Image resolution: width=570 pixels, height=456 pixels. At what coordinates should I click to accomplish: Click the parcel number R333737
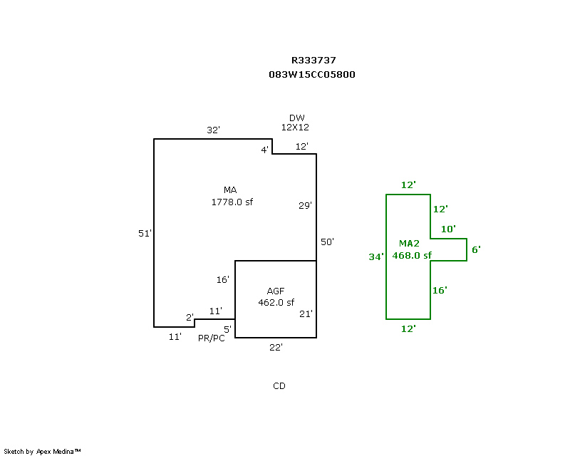coord(313,60)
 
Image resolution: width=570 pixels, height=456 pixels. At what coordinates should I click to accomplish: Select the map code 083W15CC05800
coord(312,75)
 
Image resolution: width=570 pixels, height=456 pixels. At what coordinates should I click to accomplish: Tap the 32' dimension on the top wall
coord(213,130)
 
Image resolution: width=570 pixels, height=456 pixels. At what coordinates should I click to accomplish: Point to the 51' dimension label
coord(145,233)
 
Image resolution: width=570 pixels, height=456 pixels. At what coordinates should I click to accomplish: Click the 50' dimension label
coord(327,242)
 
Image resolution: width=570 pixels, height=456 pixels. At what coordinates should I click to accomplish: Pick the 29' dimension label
coord(306,205)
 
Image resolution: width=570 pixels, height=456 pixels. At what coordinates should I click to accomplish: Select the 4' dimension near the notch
coord(265,150)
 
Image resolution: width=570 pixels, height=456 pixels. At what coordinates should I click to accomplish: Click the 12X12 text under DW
coord(295,128)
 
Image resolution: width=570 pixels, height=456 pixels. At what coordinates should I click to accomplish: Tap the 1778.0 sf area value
coord(232,202)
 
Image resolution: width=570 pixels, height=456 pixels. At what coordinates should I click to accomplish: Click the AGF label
coord(276,291)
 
